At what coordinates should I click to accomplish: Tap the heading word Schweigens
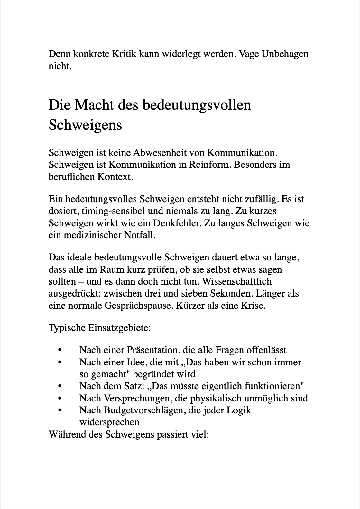pos(85,125)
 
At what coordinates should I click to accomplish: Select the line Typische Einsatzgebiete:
pos(99,328)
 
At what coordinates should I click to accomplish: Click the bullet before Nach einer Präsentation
pos(60,350)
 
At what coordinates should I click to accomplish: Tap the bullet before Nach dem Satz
pos(60,386)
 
